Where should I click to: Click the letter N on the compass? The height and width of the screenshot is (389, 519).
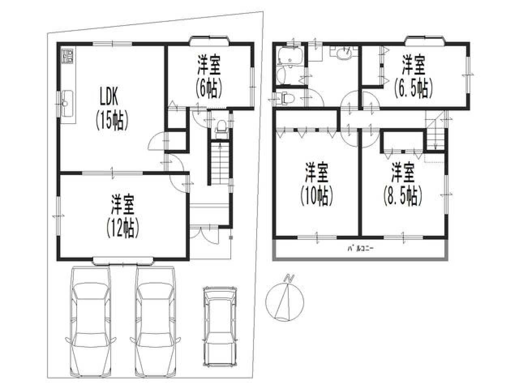click(x=288, y=278)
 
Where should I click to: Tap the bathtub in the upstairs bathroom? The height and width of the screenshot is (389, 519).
click(x=291, y=56)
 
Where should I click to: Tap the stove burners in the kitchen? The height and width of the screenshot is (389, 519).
click(x=68, y=56)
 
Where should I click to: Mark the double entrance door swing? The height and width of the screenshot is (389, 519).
click(x=205, y=235)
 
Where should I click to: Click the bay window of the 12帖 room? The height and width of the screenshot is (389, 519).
click(x=123, y=261)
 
